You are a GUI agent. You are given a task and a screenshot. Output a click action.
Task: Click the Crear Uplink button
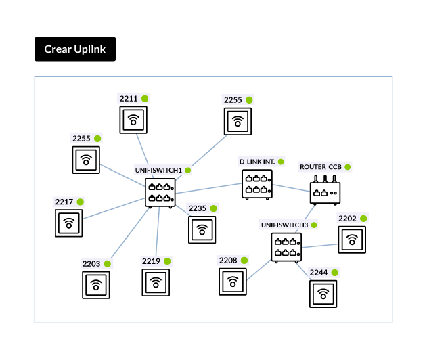pyautogui.click(x=75, y=49)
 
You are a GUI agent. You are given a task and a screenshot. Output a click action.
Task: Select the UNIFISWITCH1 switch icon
pyautogui.click(x=160, y=193)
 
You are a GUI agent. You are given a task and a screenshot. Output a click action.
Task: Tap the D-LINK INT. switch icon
pyautogui.click(x=257, y=185)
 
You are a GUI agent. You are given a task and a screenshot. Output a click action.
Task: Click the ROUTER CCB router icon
pyautogui.click(x=325, y=190)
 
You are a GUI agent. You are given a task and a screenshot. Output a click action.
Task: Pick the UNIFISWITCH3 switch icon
pyautogui.click(x=286, y=248)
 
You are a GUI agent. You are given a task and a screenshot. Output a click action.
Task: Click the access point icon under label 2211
pyautogui.click(x=133, y=120)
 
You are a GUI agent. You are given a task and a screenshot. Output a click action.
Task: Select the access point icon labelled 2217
pyautogui.click(x=68, y=223)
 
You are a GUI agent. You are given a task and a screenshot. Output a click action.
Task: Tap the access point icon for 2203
pyautogui.click(x=96, y=285)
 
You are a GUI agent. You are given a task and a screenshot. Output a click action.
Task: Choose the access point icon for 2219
pyautogui.click(x=156, y=283)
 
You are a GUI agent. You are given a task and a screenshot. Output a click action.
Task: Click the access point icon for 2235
pyautogui.click(x=202, y=230)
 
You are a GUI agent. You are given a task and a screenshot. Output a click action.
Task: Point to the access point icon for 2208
pyautogui.click(x=233, y=282)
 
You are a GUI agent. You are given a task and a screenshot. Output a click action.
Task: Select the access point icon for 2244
pyautogui.click(x=323, y=294)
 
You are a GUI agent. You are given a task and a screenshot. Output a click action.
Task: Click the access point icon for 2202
pyautogui.click(x=352, y=240)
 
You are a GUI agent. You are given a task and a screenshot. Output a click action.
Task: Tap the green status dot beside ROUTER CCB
pyautogui.click(x=347, y=167)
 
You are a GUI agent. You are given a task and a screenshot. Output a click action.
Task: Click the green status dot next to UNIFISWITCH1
pyautogui.click(x=188, y=171)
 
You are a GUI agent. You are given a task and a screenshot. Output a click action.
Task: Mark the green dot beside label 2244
pyautogui.click(x=335, y=273)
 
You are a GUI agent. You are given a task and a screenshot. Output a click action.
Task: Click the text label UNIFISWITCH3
pyautogui.click(x=285, y=225)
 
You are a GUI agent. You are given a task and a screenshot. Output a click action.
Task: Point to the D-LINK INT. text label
pyautogui.click(x=257, y=162)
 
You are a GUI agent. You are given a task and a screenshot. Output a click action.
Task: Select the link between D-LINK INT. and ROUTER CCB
pyautogui.click(x=291, y=188)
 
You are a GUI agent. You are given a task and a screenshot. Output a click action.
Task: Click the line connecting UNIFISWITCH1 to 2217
pyautogui.click(x=114, y=208)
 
